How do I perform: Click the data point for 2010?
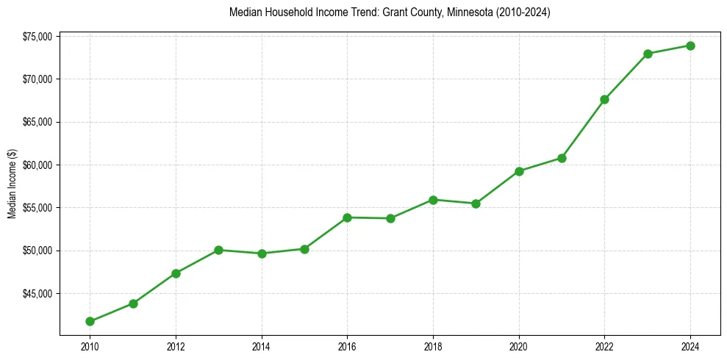(x=90, y=321)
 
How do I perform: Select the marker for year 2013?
(x=218, y=250)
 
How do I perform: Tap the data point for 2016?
(x=347, y=217)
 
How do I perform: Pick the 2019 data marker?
(x=476, y=204)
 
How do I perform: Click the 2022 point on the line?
(x=604, y=99)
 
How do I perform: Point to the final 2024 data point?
(x=690, y=46)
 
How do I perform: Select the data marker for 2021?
(x=562, y=158)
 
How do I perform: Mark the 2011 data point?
(x=133, y=303)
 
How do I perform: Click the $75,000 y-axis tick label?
(x=37, y=36)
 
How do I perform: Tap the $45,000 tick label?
(x=37, y=294)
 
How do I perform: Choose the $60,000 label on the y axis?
(x=37, y=165)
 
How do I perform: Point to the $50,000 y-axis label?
(x=37, y=251)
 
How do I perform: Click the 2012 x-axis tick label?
(x=176, y=346)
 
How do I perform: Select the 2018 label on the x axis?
(x=433, y=346)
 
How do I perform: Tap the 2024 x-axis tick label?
(x=690, y=346)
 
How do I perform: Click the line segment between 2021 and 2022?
(x=583, y=129)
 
